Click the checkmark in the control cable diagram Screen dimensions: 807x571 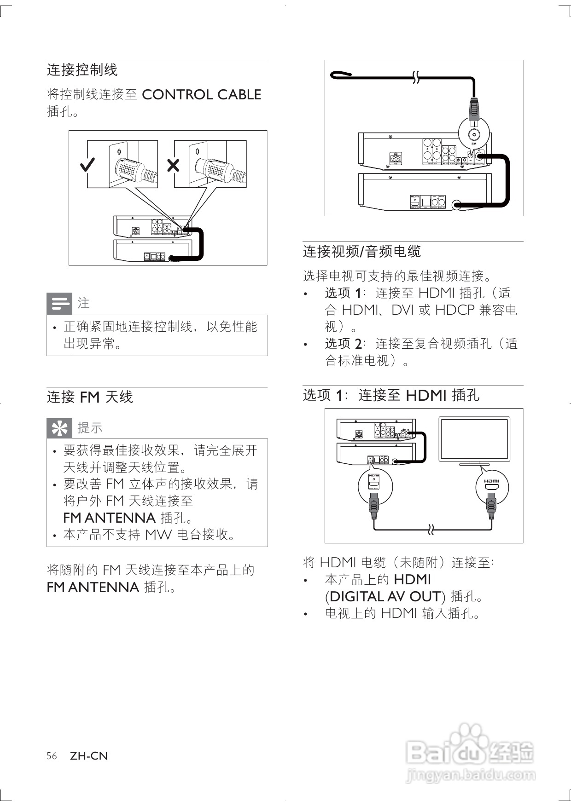point(87,164)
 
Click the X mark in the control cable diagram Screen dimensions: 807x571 point(173,165)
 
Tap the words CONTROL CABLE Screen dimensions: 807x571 point(201,94)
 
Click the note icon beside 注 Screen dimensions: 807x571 point(60,303)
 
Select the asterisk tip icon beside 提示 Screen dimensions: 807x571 point(60,428)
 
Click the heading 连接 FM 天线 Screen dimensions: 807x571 point(90,397)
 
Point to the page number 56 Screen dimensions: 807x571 point(52,756)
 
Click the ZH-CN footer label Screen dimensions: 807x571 point(89,756)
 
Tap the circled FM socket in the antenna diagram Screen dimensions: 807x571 point(474,135)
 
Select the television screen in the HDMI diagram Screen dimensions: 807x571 point(474,439)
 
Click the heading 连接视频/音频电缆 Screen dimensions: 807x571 point(362,251)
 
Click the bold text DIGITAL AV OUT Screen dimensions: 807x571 point(385,596)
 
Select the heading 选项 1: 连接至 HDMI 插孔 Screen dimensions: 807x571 point(391,395)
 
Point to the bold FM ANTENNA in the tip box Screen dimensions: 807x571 point(109,518)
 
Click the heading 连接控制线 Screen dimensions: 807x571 point(82,70)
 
